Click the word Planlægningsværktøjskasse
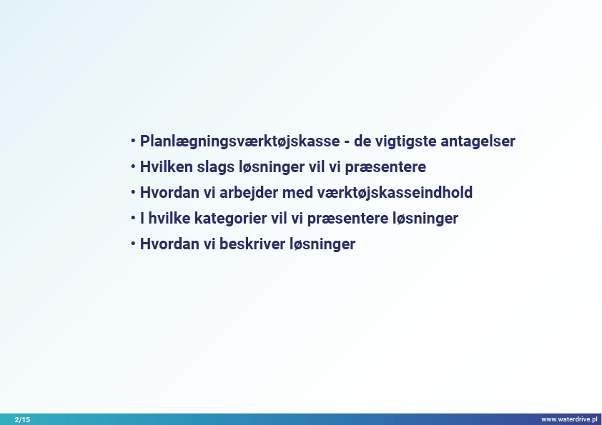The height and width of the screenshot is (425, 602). tap(240, 141)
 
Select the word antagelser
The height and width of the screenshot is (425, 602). tap(478, 141)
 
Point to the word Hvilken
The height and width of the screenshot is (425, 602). tap(167, 167)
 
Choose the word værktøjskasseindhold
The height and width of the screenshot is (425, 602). tap(395, 193)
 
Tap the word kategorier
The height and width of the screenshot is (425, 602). tap(230, 219)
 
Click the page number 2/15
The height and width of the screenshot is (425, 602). tap(22, 419)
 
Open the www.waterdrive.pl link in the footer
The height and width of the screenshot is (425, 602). tap(569, 419)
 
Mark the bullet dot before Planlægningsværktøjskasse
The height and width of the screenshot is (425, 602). tap(133, 141)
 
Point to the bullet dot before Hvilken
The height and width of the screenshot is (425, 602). tap(133, 167)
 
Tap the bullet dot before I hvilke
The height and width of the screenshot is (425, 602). tap(133, 219)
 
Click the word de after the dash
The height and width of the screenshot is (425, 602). tap(362, 141)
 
